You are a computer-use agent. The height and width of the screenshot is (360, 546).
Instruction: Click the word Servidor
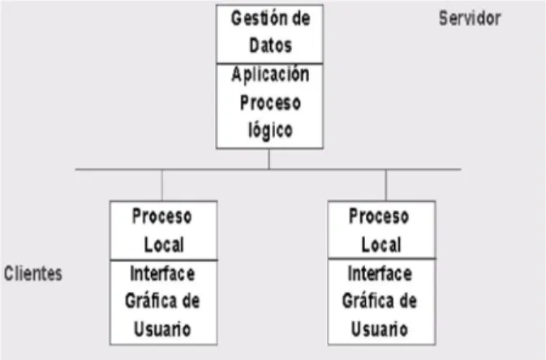click(470, 18)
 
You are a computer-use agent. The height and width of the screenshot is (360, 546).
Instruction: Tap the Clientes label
click(33, 273)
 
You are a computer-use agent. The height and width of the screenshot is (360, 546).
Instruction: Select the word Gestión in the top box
click(256, 18)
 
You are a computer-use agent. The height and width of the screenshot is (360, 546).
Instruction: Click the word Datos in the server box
click(270, 45)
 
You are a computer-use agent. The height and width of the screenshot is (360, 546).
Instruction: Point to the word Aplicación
click(270, 75)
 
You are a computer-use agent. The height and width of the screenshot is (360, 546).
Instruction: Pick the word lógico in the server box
click(270, 131)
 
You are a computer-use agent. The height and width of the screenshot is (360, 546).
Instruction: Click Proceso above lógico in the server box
click(270, 103)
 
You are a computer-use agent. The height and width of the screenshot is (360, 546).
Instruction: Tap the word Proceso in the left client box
click(162, 216)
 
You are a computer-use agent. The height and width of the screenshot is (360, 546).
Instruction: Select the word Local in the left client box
click(164, 244)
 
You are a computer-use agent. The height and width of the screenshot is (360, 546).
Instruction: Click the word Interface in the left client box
click(162, 273)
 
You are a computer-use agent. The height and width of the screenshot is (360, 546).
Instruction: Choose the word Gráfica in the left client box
click(151, 301)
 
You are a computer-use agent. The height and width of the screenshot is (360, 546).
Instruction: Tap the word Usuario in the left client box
click(162, 329)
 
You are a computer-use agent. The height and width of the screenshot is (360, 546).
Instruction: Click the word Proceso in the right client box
click(379, 216)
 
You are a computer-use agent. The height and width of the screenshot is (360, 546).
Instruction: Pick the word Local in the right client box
click(381, 244)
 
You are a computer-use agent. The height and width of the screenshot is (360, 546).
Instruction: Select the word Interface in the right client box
click(380, 273)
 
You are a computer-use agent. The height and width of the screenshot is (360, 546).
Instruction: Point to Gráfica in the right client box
click(368, 301)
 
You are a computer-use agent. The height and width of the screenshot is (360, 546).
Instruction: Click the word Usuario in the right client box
click(380, 329)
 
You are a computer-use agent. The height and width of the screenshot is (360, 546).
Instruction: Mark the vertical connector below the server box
click(269, 159)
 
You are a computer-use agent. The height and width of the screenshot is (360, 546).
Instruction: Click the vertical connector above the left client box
click(162, 185)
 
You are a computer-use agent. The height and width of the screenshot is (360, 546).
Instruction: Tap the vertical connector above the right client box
click(386, 185)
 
